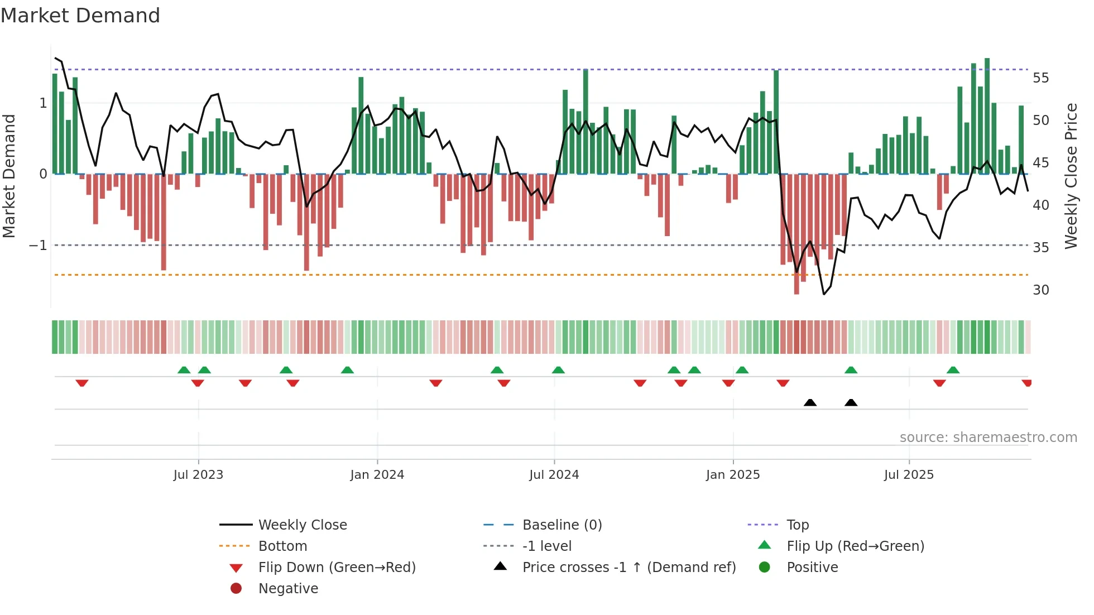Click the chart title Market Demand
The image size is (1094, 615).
click(x=80, y=16)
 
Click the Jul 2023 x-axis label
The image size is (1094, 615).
click(x=198, y=475)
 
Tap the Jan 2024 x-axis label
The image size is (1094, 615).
click(x=377, y=475)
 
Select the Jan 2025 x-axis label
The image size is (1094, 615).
click(x=732, y=475)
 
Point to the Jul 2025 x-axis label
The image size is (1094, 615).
click(x=909, y=475)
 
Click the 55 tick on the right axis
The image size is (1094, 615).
click(x=1040, y=78)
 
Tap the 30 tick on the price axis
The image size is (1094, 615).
click(x=1040, y=290)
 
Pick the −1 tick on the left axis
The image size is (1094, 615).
click(x=38, y=246)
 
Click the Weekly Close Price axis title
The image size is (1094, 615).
click(x=1071, y=176)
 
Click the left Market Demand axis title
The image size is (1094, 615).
click(x=9, y=176)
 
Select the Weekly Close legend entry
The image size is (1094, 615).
click(x=302, y=525)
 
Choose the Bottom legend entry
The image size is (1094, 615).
click(x=282, y=546)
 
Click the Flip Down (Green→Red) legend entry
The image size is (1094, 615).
click(x=337, y=568)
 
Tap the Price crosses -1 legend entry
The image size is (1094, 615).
click(x=628, y=568)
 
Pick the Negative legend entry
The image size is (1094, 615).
click(x=288, y=589)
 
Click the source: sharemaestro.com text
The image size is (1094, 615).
click(x=988, y=438)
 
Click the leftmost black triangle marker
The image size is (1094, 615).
click(x=810, y=402)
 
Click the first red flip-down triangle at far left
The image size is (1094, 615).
click(x=82, y=383)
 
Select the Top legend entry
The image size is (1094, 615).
click(x=797, y=525)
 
